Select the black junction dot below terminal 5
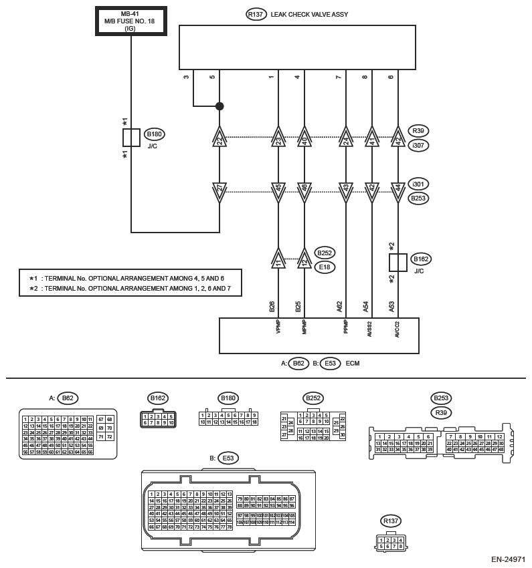(x=219, y=106)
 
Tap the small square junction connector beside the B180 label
(x=131, y=138)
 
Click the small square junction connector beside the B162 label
(x=398, y=262)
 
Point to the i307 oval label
(x=420, y=144)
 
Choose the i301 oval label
(x=420, y=184)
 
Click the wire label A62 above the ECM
(x=340, y=307)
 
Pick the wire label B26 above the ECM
(x=272, y=307)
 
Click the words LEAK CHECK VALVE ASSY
(x=309, y=14)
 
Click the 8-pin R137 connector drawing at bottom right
(x=389, y=543)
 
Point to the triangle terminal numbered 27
(x=219, y=189)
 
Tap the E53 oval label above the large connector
(x=228, y=458)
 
